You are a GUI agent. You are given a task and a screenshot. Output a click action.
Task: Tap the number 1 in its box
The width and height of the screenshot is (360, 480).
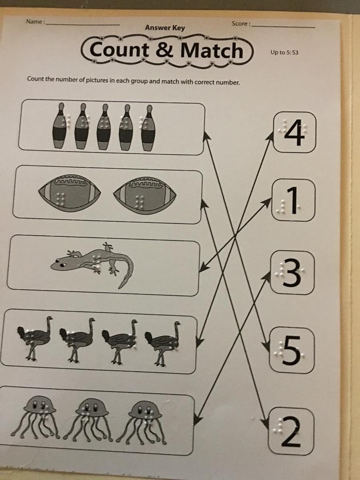pyautogui.click(x=294, y=200)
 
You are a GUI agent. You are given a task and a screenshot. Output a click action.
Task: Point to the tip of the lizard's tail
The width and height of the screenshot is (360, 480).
pyautogui.click(x=120, y=286)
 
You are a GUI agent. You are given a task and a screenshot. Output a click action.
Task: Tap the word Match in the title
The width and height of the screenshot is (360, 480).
pyautogui.click(x=211, y=51)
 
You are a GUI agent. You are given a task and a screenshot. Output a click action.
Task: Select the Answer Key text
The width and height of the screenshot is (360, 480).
pyautogui.click(x=165, y=28)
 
